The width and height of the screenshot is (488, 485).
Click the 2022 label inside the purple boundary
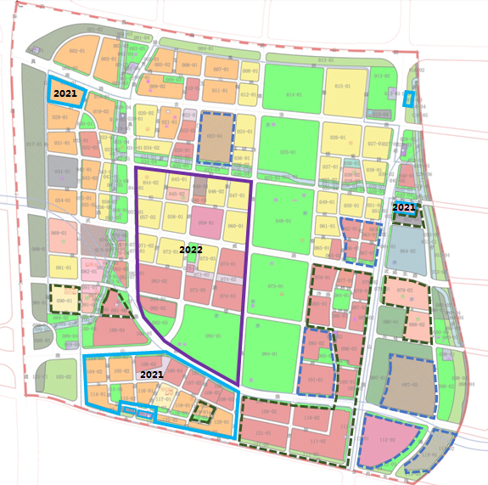(x=191, y=251)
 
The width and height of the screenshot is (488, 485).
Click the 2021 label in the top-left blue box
(x=65, y=93)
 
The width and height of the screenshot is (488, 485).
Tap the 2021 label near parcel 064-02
(x=404, y=207)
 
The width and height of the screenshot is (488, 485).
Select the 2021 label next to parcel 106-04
(x=152, y=375)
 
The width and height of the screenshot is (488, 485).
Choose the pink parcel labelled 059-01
(x=204, y=222)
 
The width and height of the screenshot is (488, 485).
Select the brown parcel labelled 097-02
(x=411, y=384)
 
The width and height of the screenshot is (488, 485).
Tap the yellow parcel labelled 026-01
(x=337, y=138)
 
